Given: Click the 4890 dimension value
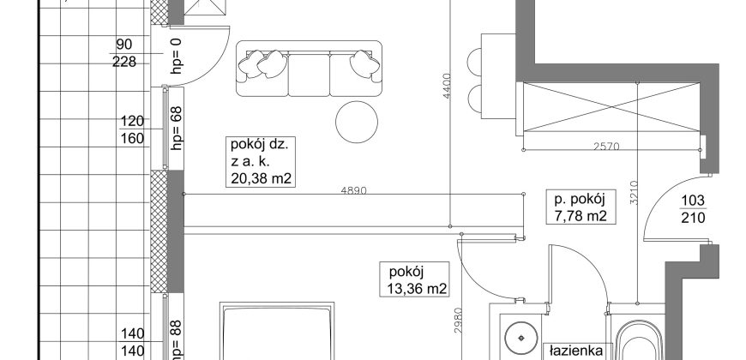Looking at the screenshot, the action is pyautogui.click(x=354, y=190).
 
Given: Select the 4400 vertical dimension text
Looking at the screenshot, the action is pyautogui.click(x=446, y=86).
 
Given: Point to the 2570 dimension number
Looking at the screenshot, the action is pyautogui.click(x=606, y=147).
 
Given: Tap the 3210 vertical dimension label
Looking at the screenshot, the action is pyautogui.click(x=634, y=193).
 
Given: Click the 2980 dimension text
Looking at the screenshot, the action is pyautogui.click(x=457, y=321).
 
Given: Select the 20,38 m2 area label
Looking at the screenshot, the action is pyautogui.click(x=261, y=179).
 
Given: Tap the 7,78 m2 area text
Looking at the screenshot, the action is pyautogui.click(x=581, y=216).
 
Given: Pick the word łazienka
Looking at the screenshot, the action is pyautogui.click(x=576, y=351).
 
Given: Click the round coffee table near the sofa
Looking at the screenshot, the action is pyautogui.click(x=357, y=121).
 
